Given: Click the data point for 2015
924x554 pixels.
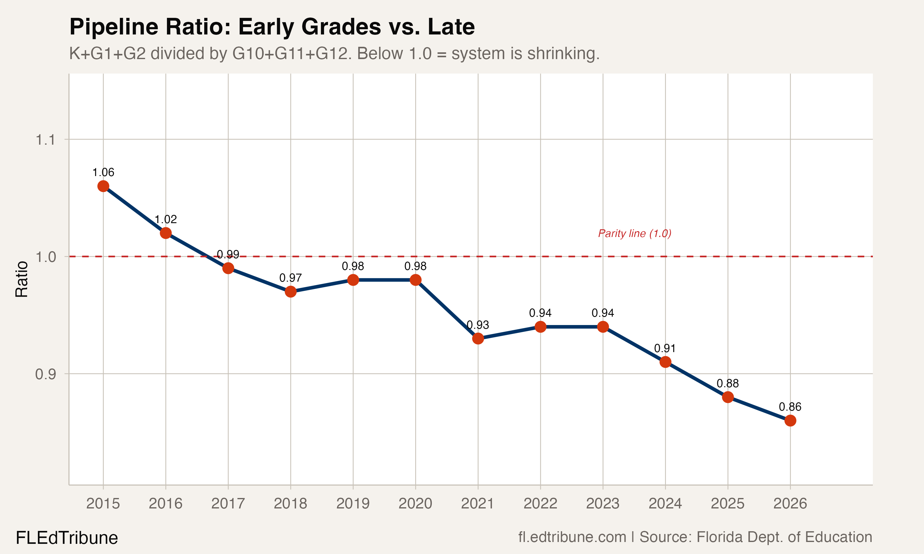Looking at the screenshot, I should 103,186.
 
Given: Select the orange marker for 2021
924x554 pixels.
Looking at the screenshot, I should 478,339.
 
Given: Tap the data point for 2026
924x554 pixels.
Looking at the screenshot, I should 790,421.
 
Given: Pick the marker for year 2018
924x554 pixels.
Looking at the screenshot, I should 290,291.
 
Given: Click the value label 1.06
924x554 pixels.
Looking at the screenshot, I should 103,172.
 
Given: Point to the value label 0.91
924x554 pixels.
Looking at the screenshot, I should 665,348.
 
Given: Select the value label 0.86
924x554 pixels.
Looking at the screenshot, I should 790,407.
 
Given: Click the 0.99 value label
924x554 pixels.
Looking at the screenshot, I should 228,255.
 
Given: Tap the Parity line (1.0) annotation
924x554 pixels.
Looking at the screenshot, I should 634,234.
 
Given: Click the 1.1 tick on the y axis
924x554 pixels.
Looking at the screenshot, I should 45,140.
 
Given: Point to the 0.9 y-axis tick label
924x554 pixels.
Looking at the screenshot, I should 45,374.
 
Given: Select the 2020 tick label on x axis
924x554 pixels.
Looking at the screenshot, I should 415,504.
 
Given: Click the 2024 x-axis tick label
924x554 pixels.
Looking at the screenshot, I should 665,504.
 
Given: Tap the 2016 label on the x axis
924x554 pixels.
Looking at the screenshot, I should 165,504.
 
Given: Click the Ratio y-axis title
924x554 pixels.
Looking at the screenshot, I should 22,279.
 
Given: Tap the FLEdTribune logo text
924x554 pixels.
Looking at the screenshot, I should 67,538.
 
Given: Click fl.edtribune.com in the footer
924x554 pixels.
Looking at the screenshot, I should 572,537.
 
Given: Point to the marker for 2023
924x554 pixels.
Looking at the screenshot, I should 603,327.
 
